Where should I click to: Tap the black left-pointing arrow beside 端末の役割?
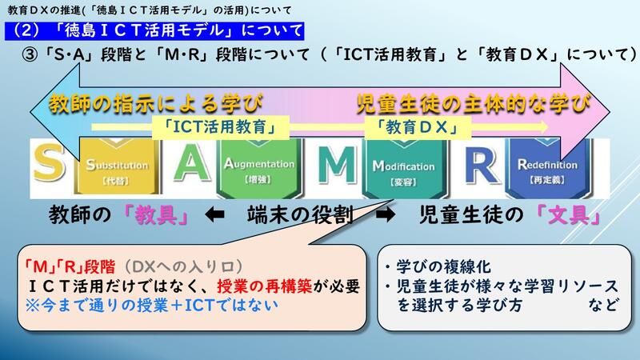coord(215,216)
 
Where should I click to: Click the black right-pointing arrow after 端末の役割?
coord(386,216)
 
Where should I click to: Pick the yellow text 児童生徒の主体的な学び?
coord(472,102)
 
